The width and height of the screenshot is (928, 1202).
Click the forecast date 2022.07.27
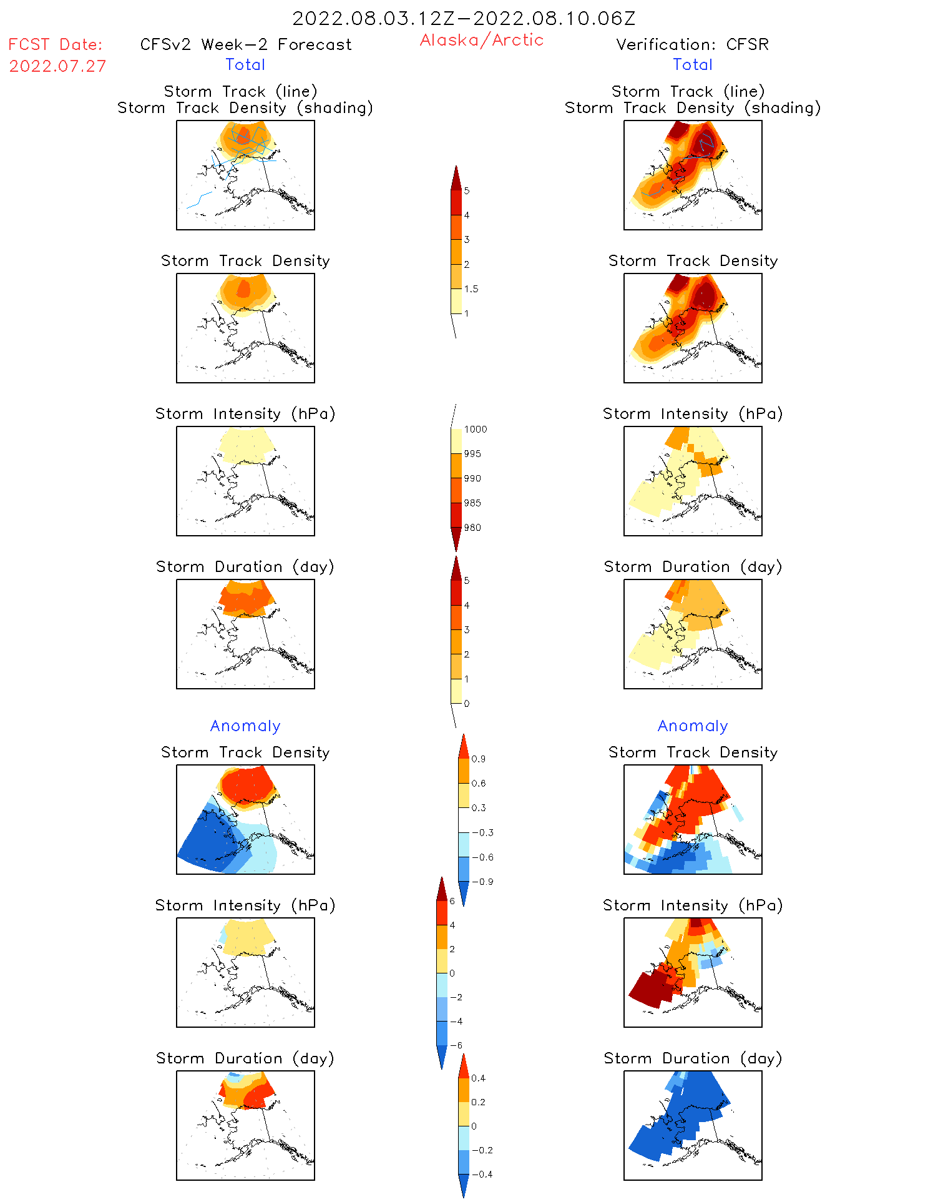(57, 66)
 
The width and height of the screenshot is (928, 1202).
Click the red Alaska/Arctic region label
(481, 40)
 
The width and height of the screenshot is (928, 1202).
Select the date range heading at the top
(464, 18)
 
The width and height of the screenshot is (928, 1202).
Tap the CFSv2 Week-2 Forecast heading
(246, 44)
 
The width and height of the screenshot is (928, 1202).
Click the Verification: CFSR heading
(692, 44)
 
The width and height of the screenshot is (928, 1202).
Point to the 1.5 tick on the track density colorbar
(471, 289)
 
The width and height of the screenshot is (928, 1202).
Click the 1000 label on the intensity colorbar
(475, 430)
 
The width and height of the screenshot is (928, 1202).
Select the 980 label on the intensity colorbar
(472, 528)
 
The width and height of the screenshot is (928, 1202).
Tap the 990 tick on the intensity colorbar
(472, 479)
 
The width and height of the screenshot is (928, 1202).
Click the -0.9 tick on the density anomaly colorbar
(482, 882)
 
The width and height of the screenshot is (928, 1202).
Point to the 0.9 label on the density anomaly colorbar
(478, 759)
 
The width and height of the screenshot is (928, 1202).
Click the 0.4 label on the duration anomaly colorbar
(478, 1078)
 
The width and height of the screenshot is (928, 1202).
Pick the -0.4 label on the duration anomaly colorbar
(482, 1175)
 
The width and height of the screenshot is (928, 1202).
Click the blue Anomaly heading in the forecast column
(245, 726)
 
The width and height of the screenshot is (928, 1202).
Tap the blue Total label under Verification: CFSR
(693, 64)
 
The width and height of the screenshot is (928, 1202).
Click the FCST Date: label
(55, 44)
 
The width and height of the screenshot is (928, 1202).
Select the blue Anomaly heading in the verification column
(693, 726)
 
